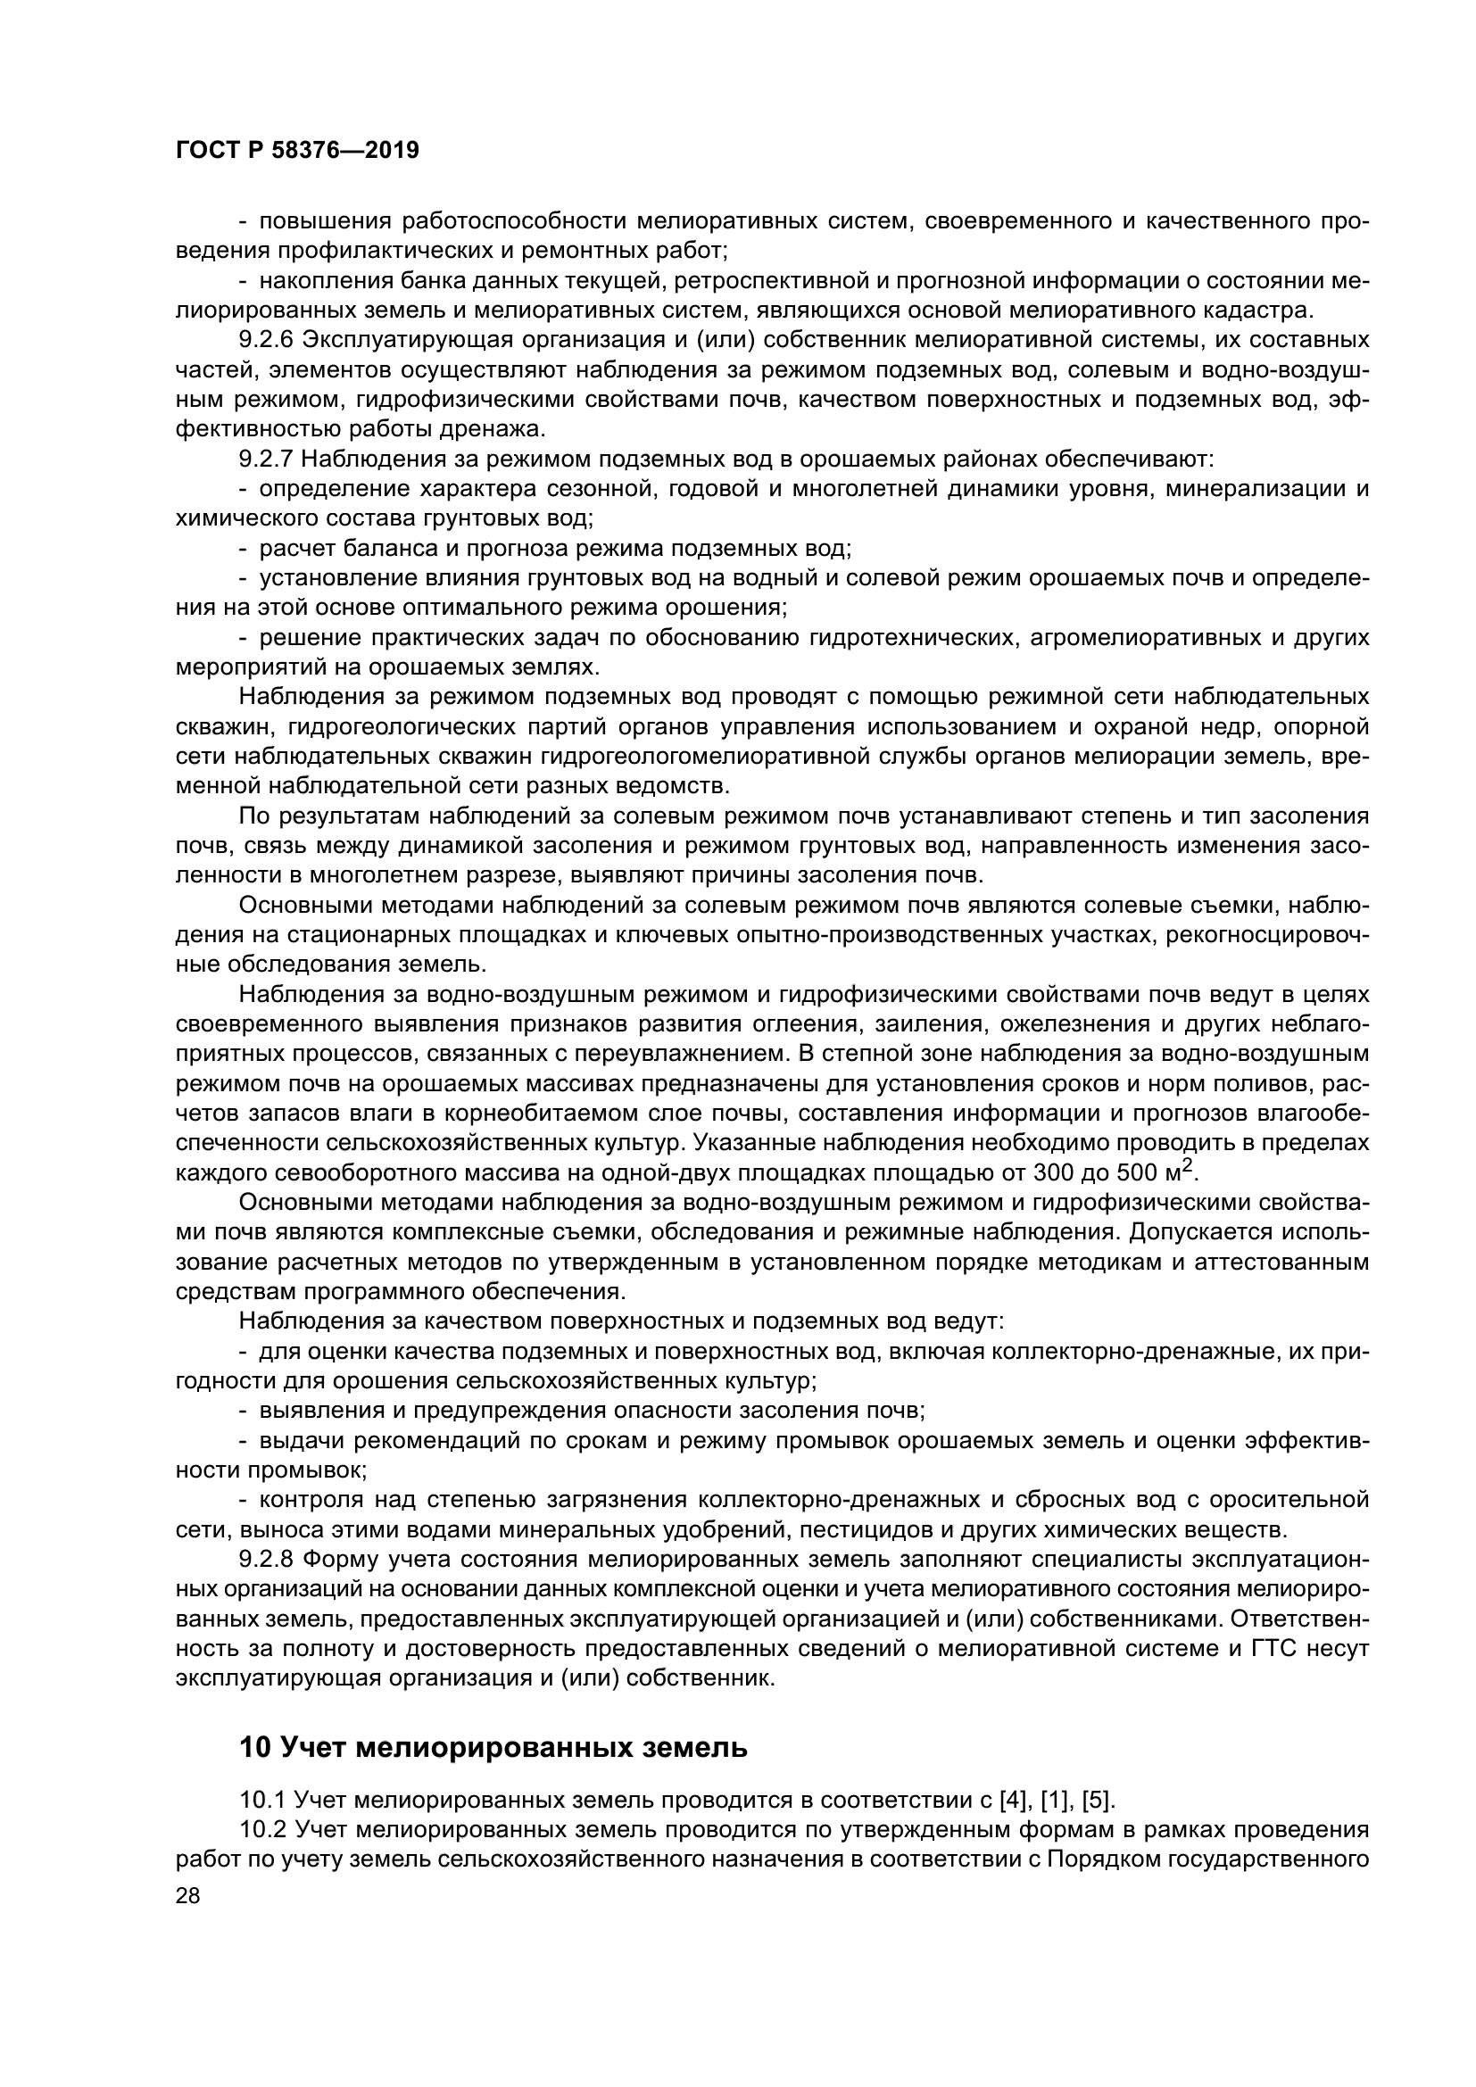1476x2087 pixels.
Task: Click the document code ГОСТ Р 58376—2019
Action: click(x=297, y=151)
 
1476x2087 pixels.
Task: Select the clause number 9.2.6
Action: click(x=266, y=340)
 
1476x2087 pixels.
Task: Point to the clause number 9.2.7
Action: click(x=266, y=459)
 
